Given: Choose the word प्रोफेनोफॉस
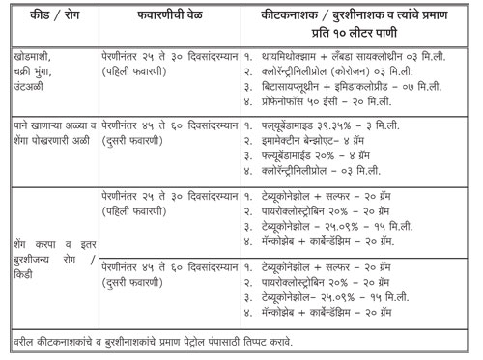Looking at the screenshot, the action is tap(289, 99).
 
